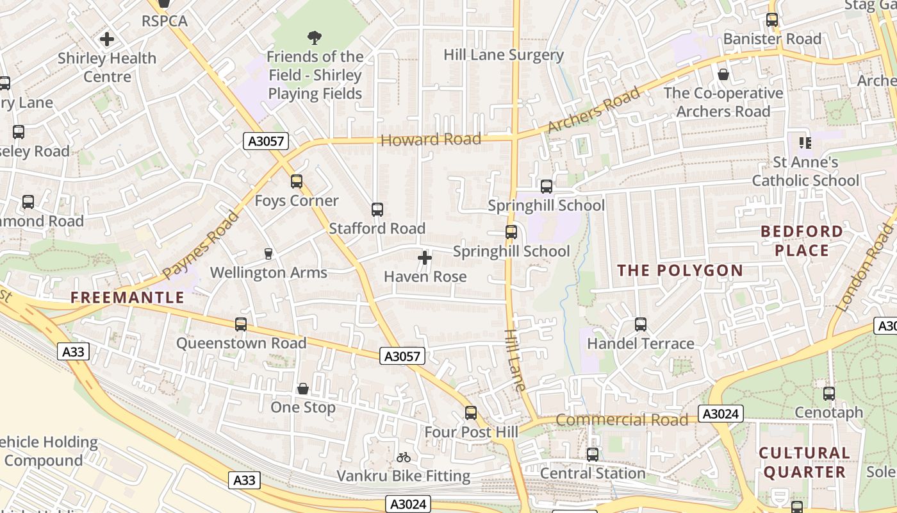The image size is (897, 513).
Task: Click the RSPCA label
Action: tap(165, 21)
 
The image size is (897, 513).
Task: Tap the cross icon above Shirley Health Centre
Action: tap(107, 39)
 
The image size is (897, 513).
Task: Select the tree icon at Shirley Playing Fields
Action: tap(315, 38)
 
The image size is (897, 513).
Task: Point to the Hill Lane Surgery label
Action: tap(504, 55)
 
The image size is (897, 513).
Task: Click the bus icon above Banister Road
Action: tap(772, 20)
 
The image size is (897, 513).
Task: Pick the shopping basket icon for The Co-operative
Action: tap(723, 75)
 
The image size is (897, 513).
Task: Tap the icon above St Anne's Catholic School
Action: tap(805, 142)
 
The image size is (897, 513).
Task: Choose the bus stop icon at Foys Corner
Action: tap(296, 181)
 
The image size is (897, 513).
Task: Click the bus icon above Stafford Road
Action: tap(377, 210)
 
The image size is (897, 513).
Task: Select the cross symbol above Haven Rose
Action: tap(425, 258)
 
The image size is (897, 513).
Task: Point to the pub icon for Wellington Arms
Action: tap(268, 254)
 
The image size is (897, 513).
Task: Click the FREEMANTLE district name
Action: tap(128, 298)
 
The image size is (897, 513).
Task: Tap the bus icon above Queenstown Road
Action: tap(241, 324)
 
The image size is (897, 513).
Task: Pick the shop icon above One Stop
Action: tap(303, 389)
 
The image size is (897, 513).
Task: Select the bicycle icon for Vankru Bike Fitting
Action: tap(404, 457)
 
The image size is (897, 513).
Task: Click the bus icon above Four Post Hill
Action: tap(471, 413)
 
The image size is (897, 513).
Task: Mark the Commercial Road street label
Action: tap(621, 421)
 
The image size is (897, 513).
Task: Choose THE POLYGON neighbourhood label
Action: tap(680, 271)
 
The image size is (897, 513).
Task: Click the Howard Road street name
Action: tap(431, 140)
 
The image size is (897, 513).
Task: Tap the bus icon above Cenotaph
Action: tap(829, 394)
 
